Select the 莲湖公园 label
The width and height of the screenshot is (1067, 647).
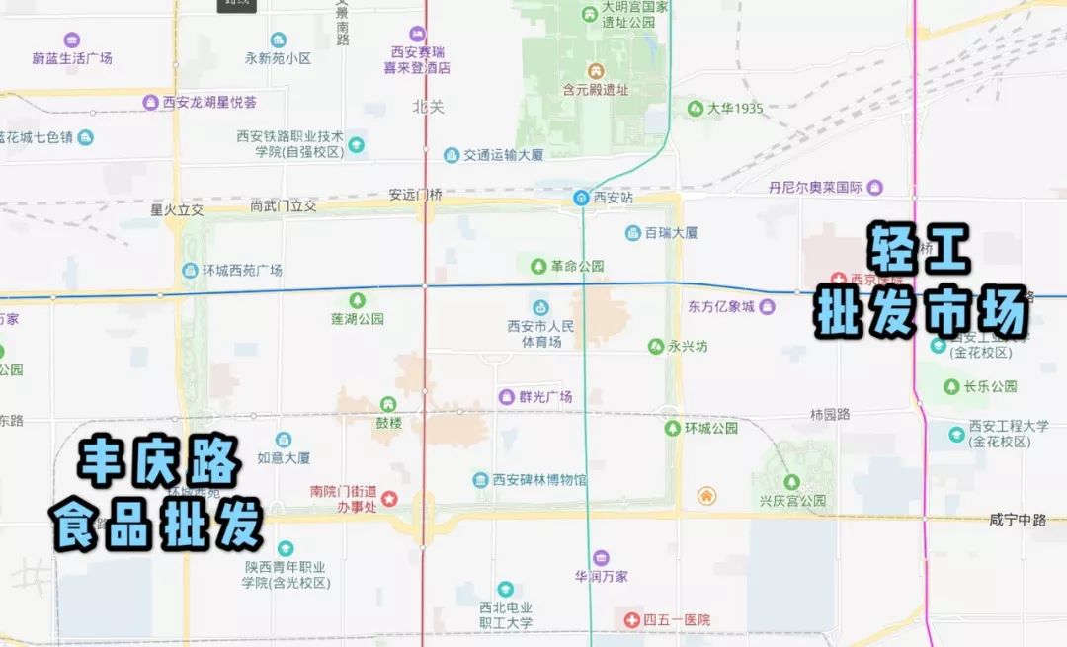[x=358, y=319]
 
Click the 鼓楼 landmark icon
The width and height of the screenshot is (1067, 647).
[x=388, y=404]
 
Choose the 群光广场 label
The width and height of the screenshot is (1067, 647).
[x=545, y=397]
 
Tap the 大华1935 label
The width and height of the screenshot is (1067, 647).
[x=735, y=108]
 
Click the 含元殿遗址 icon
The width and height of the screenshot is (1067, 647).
[x=596, y=71]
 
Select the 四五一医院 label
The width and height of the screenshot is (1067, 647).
[x=677, y=620]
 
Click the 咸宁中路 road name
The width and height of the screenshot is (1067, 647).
[x=1017, y=520]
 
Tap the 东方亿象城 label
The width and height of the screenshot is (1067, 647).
[x=721, y=306]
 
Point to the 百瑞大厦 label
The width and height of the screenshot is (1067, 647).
[x=672, y=233]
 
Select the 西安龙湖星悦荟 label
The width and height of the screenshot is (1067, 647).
[x=209, y=102]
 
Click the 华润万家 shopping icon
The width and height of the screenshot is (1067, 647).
[x=601, y=558]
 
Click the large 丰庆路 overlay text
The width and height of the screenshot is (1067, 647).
[x=160, y=460]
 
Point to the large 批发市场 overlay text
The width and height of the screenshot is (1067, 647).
[x=922, y=315]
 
